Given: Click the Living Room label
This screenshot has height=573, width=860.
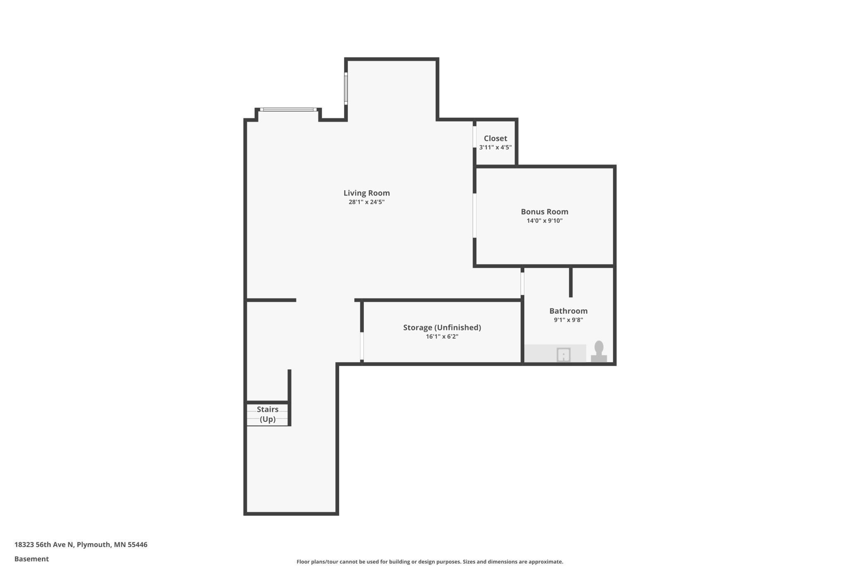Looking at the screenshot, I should click(366, 193).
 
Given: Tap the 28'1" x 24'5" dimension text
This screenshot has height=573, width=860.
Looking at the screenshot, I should click(366, 202).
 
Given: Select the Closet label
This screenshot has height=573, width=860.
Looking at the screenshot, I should click(495, 138).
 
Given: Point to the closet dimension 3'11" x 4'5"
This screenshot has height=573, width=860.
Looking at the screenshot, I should click(495, 148).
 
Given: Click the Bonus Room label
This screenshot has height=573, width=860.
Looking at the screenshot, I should click(544, 212).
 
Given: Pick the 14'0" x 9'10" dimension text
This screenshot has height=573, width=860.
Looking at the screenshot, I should click(544, 221).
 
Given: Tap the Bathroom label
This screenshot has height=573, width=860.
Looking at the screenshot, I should click(568, 311).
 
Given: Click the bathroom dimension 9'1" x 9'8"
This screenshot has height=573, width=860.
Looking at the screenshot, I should click(568, 320).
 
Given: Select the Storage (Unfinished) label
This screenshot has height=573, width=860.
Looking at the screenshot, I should click(442, 327).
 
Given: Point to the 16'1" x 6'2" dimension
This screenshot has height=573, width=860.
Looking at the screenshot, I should click(442, 337).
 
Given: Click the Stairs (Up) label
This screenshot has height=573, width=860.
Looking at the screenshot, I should click(268, 414).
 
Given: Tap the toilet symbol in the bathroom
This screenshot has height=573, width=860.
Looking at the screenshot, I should click(599, 352).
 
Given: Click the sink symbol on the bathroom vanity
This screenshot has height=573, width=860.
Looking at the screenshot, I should click(564, 355).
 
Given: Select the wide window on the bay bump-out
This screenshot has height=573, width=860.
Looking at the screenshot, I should click(288, 110).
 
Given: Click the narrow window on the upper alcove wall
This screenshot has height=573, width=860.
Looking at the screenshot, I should click(346, 88).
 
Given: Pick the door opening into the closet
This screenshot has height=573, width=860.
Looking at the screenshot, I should click(475, 137).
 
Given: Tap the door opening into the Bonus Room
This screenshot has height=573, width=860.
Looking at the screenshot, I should click(475, 215).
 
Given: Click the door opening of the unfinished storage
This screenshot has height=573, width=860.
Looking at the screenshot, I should click(362, 346).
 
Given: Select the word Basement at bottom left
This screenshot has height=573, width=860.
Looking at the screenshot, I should click(32, 559).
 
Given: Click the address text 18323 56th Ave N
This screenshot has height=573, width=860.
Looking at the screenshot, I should click(44, 544).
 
